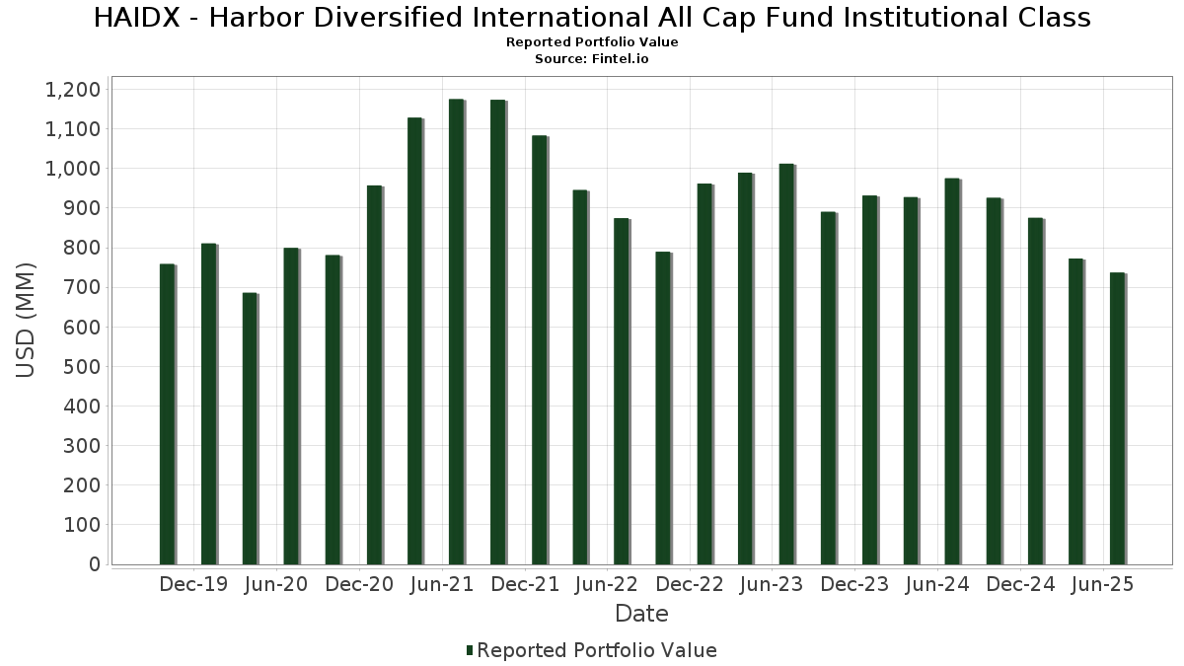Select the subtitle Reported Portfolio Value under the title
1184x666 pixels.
click(x=592, y=42)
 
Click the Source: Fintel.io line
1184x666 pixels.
click(x=592, y=58)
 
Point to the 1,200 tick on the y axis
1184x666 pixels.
click(x=73, y=90)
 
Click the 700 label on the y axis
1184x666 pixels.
click(x=82, y=288)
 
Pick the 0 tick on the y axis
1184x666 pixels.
click(x=95, y=564)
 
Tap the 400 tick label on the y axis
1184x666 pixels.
click(x=82, y=407)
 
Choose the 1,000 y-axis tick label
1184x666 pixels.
click(x=73, y=169)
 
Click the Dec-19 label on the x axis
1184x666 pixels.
click(x=193, y=584)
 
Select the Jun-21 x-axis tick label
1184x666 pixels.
click(x=442, y=584)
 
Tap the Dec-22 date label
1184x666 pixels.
click(x=690, y=584)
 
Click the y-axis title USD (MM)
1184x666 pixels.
click(x=27, y=320)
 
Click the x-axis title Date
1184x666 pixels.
click(x=641, y=614)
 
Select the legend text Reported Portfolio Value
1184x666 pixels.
click(x=597, y=650)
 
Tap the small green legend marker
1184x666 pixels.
click(x=470, y=650)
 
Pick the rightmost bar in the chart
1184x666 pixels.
click(x=1117, y=418)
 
